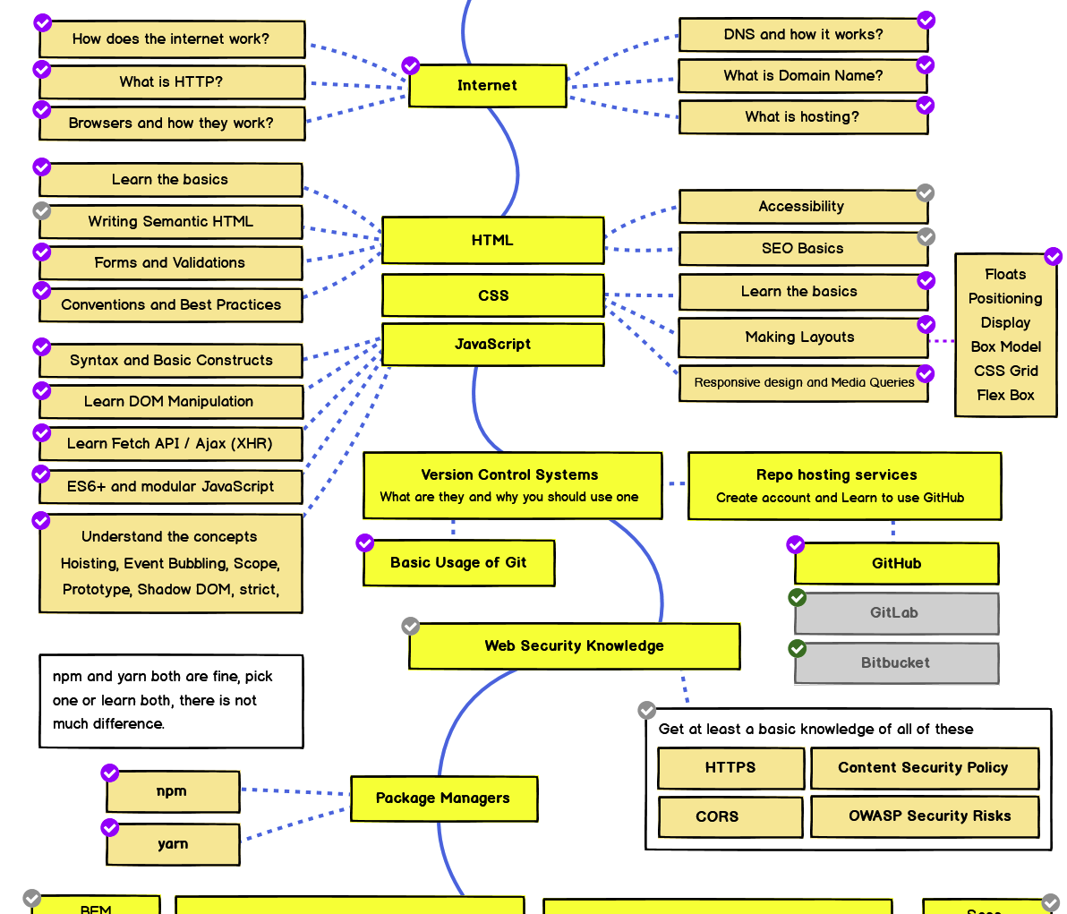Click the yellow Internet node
pos(487,86)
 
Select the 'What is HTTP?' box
pos(171,81)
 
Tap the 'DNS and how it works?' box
pos(802,35)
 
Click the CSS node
pos(492,295)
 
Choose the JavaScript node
pos(492,345)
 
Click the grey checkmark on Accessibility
pos(926,193)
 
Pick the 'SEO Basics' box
pos(802,249)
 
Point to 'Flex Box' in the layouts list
pos(1005,395)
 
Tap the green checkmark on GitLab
pos(797,597)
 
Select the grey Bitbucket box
pos(896,663)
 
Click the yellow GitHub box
pos(896,564)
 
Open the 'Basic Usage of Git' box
pos(458,563)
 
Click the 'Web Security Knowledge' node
pos(574,646)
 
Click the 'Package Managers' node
pos(443,799)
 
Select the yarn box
pos(173,844)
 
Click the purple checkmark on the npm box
pos(110,773)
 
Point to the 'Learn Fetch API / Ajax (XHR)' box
pos(170,444)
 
